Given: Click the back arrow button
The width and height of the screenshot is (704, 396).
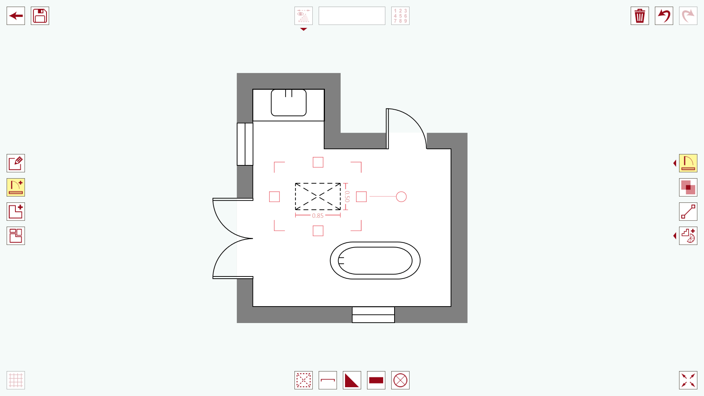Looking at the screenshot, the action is pos(16,16).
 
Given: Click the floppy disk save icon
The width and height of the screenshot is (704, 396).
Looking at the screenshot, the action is pos(40,16).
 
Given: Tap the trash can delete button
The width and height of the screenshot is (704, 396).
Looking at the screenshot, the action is pos(640,16).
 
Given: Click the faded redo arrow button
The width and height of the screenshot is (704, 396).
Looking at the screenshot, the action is pos(688,16).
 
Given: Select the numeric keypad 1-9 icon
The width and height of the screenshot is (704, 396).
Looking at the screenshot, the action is pos(400,16).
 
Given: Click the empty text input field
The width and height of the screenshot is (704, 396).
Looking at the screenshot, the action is pos(352,16).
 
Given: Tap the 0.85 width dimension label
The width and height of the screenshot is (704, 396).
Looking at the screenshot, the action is pos(318,216).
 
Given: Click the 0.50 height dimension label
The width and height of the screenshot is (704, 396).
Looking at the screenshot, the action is pos(347,197).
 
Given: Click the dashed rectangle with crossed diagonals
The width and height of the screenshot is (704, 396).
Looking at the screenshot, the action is pos(318,197).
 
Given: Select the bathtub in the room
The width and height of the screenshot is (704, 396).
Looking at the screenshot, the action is pos(375,261).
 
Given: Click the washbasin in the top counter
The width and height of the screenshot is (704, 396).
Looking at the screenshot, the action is pos(289,103).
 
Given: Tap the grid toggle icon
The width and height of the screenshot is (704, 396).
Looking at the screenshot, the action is pos(16,380).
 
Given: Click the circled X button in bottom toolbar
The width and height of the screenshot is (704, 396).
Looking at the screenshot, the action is pos(400,380).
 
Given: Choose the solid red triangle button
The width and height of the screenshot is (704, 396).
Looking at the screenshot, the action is pos(352,380).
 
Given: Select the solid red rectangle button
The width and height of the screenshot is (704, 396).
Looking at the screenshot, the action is pos(376,380).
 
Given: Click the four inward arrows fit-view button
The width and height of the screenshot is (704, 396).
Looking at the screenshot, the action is pos(688,380).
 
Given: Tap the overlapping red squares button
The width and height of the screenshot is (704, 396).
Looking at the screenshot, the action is pos(688,187).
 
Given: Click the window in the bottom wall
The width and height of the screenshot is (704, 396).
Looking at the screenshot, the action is pos(373,315).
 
